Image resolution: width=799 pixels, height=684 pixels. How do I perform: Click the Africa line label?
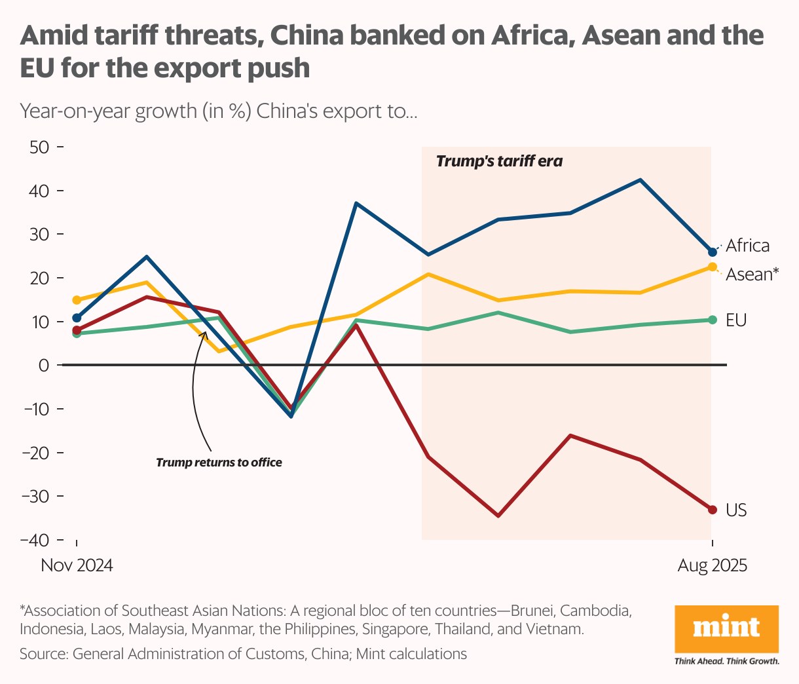click(747, 246)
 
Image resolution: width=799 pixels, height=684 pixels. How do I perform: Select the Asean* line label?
click(753, 274)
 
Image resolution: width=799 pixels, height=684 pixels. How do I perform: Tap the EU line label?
click(736, 320)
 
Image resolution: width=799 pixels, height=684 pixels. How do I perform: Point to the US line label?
click(736, 510)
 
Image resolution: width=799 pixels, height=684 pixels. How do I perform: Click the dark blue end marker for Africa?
click(713, 252)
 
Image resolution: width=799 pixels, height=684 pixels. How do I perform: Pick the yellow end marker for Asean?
click(713, 267)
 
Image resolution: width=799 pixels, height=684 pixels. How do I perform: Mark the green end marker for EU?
click(713, 320)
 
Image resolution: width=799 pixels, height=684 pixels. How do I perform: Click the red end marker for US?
click(713, 510)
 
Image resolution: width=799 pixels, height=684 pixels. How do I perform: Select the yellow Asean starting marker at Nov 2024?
click(77, 300)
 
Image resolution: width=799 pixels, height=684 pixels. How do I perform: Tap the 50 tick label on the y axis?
click(39, 147)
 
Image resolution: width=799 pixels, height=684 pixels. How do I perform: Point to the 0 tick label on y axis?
click(44, 365)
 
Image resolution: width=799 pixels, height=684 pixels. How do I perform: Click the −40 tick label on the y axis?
click(35, 540)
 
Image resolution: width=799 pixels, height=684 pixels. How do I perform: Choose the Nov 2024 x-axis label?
click(77, 565)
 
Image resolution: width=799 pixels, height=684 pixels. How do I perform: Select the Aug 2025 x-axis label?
click(712, 565)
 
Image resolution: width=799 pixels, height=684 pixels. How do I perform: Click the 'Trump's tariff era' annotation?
click(499, 161)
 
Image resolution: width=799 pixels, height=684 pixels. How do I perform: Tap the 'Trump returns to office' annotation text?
click(219, 463)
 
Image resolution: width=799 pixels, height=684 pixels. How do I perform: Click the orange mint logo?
click(726, 628)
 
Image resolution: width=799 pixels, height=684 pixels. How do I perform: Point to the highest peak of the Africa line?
click(640, 180)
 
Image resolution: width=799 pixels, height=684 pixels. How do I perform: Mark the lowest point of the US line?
click(498, 516)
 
